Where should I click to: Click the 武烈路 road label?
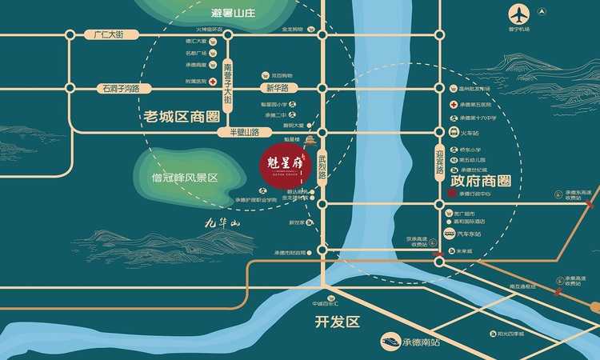pos(322,166)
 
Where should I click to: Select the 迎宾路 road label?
pos(438,168)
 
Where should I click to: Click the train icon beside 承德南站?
pos(393,342)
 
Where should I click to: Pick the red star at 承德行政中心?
pos(450,193)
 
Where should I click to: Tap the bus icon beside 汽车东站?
pos(450,235)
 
